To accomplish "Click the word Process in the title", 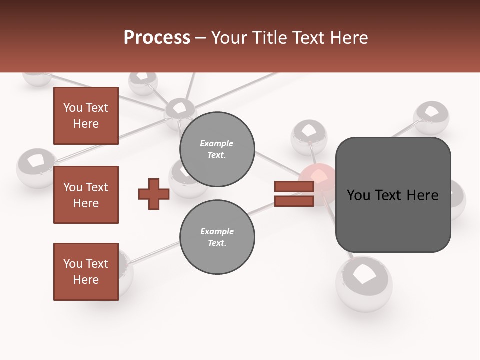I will [157, 38].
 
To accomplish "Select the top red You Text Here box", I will [86, 116].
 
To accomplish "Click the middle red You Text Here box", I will [86, 195].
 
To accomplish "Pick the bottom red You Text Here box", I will [86, 272].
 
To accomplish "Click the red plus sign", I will [154, 194].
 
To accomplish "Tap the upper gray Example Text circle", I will [217, 149].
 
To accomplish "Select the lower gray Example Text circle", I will [217, 237].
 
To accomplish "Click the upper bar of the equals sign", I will [294, 187].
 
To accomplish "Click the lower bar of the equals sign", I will [294, 201].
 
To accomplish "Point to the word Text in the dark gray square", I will [391, 195].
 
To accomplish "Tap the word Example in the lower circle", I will [217, 231].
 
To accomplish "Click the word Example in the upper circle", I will [217, 143].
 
